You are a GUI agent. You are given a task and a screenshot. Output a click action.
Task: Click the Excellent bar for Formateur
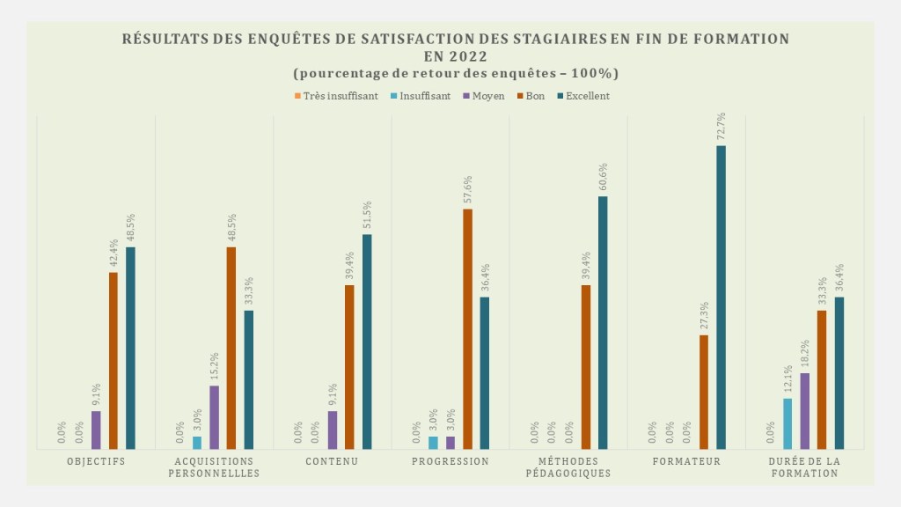coord(721,298)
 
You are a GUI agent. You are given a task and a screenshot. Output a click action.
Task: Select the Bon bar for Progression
coord(467,329)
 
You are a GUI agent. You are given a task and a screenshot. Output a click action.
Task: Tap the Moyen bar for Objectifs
coord(96,430)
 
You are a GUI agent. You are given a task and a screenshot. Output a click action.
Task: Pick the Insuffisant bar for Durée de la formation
coord(787,423)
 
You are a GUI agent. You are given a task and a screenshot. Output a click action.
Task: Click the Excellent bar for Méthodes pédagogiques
coord(603,322)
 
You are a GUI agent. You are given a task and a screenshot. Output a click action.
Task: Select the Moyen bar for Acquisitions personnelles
coord(214,417)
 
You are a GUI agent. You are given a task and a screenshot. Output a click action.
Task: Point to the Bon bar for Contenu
coord(349,367)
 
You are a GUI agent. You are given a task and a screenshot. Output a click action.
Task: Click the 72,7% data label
coord(722,126)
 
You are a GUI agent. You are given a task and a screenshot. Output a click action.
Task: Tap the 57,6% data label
coord(468,189)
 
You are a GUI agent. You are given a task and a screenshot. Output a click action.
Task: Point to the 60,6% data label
coord(604,177)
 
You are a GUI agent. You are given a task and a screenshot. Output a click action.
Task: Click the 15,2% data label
coord(215,366)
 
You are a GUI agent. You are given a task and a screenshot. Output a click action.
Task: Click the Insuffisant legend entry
coord(420,96)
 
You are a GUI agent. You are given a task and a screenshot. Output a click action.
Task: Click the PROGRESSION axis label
coord(450,461)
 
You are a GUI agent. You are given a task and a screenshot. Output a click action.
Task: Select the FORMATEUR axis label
coord(687,461)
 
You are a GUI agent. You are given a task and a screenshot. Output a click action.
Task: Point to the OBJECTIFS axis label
coord(96,461)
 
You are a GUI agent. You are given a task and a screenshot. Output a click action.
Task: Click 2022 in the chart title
coord(480,55)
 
